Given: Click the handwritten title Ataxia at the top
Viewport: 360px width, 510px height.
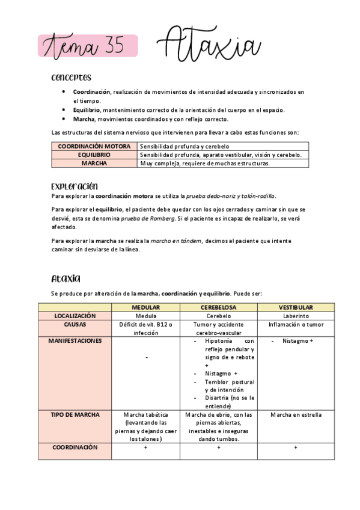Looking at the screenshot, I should pyautogui.click(x=210, y=45).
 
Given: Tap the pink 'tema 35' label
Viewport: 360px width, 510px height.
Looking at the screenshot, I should pyautogui.click(x=88, y=46).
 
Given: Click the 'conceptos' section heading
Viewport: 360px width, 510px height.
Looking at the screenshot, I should pyautogui.click(x=71, y=78).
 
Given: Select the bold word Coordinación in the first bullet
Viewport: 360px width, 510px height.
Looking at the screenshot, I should pyautogui.click(x=91, y=92).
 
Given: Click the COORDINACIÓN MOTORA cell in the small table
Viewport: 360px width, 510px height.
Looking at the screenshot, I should pyautogui.click(x=94, y=146).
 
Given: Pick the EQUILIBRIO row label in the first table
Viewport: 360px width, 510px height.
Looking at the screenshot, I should pyautogui.click(x=94, y=155).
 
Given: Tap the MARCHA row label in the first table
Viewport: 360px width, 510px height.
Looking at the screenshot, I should pyautogui.click(x=94, y=163).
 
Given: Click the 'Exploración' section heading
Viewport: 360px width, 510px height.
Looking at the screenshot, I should pyautogui.click(x=75, y=186).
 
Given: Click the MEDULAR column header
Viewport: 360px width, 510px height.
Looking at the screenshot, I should pyautogui.click(x=145, y=307).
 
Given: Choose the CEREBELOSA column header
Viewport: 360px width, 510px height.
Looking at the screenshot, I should pyautogui.click(x=218, y=307).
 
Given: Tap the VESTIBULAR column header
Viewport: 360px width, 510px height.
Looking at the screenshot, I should pyautogui.click(x=295, y=307).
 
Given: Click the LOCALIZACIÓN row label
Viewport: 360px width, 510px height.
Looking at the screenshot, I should pyautogui.click(x=75, y=316).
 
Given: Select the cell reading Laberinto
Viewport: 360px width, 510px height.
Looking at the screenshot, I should pyautogui.click(x=295, y=316).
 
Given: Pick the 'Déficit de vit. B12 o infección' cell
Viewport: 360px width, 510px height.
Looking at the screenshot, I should pyautogui.click(x=145, y=328).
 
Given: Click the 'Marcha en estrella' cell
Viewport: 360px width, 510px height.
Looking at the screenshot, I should pyautogui.click(x=295, y=415).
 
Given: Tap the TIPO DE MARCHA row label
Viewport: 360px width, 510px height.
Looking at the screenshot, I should pyautogui.click(x=75, y=415).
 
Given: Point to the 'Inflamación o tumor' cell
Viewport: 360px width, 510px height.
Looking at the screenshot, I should pyautogui.click(x=295, y=325).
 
